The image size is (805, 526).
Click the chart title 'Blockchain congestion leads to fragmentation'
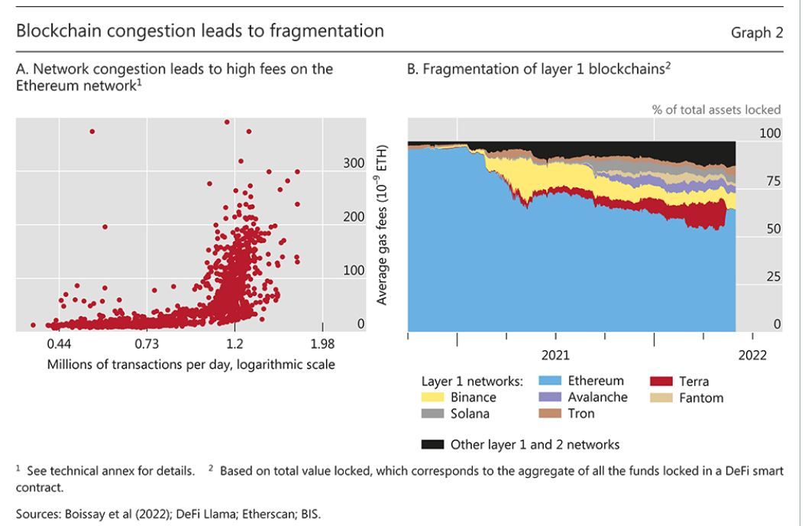point(200,31)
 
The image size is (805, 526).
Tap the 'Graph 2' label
point(757,33)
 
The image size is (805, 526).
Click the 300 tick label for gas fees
point(354,163)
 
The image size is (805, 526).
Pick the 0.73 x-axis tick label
point(147,343)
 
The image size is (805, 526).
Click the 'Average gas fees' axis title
point(383,225)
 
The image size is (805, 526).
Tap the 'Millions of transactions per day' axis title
point(191,364)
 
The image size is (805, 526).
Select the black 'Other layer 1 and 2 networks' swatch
point(432,444)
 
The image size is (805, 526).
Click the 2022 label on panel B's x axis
point(752,356)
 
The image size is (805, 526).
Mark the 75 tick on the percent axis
point(773,181)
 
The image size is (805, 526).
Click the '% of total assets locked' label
point(716,109)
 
